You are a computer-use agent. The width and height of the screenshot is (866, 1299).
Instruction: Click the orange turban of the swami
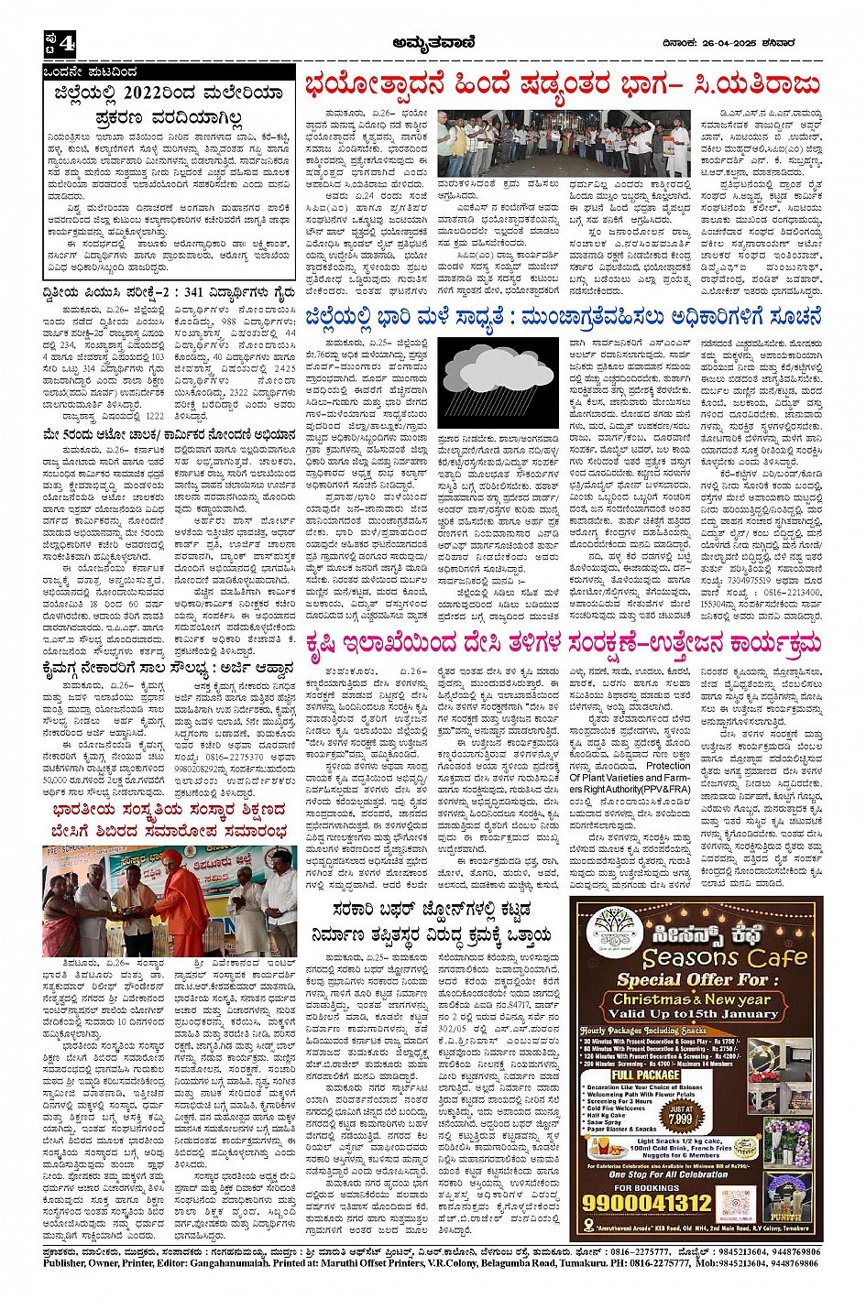point(171,859)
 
